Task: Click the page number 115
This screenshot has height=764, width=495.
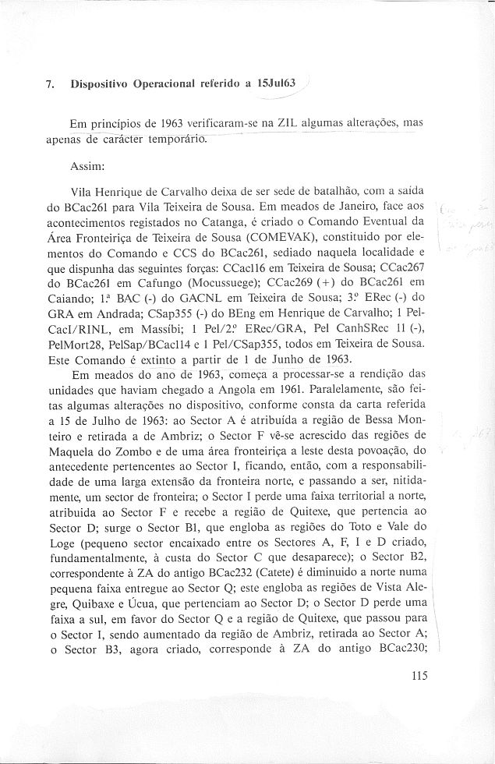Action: point(418,677)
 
